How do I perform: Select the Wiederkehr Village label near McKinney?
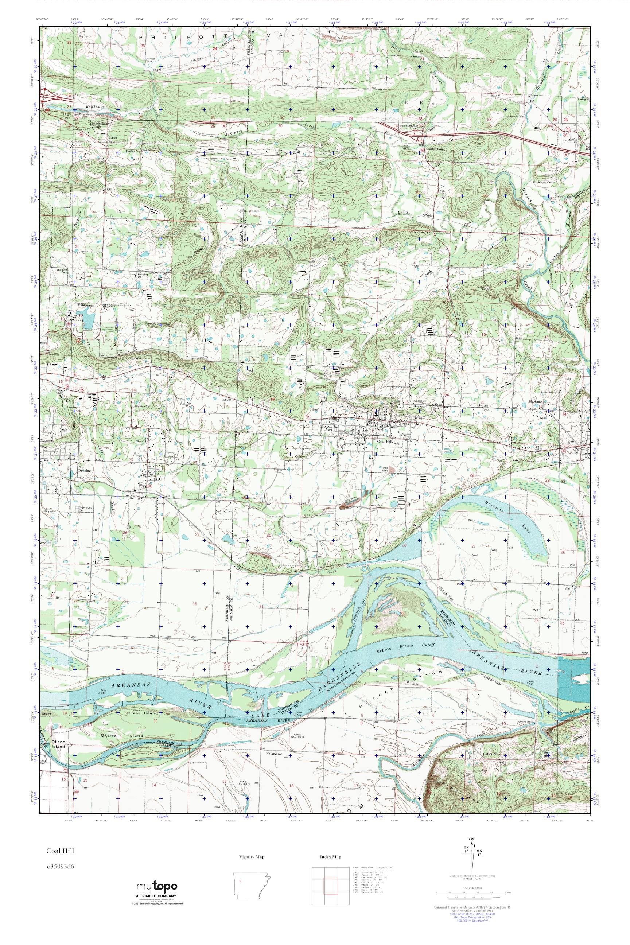click(x=97, y=125)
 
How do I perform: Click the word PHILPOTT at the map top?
click(x=155, y=36)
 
